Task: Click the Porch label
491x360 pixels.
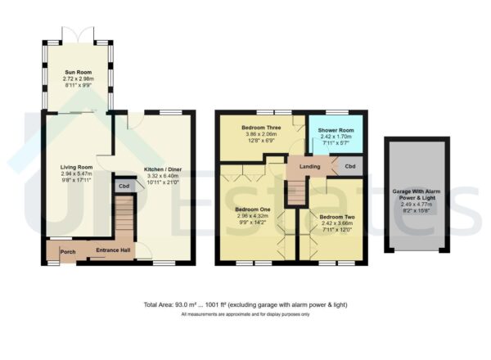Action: [68, 251]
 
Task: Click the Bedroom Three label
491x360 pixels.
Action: [261, 128]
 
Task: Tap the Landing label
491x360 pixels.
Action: [310, 166]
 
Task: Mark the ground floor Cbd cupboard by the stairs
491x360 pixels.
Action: [124, 186]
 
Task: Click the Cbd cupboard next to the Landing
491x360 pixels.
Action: [349, 166]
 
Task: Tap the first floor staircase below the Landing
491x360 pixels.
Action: [296, 193]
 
